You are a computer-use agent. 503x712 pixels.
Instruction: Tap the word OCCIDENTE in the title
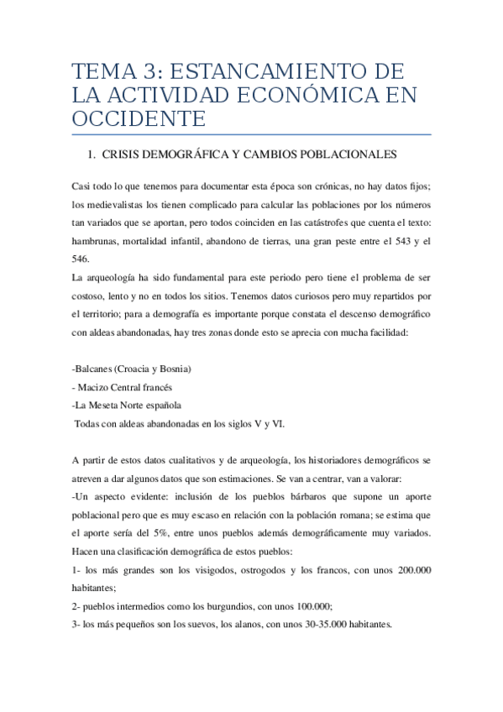coord(139,118)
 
